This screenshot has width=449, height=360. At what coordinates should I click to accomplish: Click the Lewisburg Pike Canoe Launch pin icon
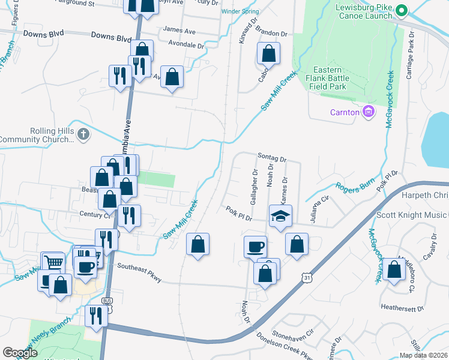(x=402, y=10)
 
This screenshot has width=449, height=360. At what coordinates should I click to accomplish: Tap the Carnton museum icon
(x=369, y=112)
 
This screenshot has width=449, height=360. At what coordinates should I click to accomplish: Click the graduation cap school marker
(x=280, y=215)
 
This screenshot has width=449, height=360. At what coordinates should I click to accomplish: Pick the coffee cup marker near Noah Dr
(x=255, y=246)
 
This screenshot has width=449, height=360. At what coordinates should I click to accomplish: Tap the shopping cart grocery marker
(x=53, y=262)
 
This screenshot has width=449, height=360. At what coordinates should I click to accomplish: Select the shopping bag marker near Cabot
(x=268, y=53)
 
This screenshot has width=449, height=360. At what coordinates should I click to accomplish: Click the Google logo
(x=20, y=353)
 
